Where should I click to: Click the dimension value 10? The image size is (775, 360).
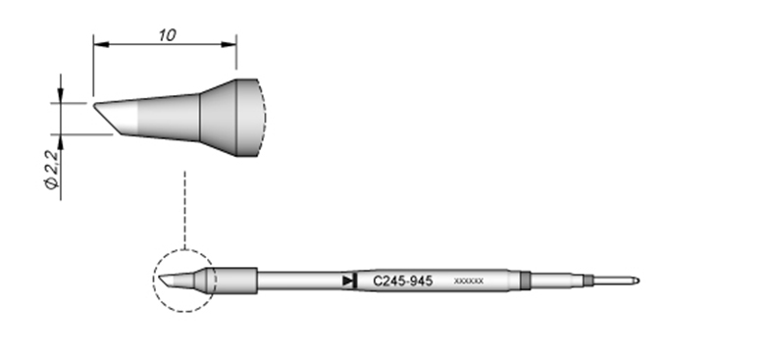[x=167, y=35]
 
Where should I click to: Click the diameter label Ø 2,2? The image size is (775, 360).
[x=52, y=169]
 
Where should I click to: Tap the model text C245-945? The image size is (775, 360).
[x=403, y=282]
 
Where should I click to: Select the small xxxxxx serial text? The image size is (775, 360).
[x=469, y=282]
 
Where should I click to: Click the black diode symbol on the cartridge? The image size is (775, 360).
[x=349, y=281]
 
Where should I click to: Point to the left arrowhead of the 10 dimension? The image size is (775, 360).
[x=101, y=44]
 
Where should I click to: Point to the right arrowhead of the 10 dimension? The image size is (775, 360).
[x=229, y=44]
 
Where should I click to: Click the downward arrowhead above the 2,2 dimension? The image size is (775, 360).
[x=60, y=96]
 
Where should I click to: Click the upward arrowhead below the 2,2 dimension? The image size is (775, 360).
[x=60, y=141]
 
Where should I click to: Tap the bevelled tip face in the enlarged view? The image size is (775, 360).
[x=106, y=118]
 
